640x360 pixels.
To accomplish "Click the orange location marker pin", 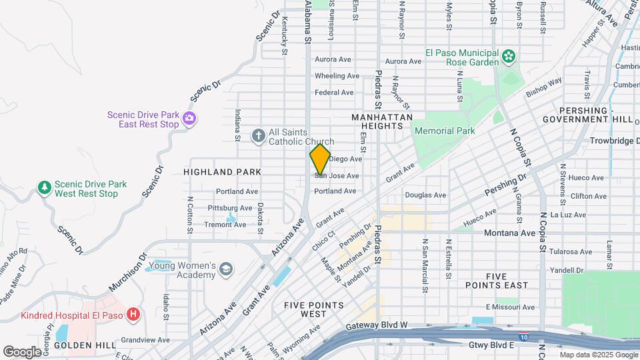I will click(320, 159).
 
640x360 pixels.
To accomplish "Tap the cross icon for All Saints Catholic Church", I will click(259, 136).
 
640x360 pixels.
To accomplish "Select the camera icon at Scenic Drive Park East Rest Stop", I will click(190, 119).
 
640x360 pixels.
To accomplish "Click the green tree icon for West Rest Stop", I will click(45, 188).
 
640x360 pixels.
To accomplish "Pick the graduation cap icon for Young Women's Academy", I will click(226, 269).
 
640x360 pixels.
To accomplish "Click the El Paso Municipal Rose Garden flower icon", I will click(509, 57).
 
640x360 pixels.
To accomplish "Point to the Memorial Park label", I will click(445, 131).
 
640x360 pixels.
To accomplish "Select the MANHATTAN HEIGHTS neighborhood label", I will click(378, 121).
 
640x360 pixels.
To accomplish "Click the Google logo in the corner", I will click(22, 351).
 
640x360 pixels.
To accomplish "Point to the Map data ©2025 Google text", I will click(598, 355).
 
